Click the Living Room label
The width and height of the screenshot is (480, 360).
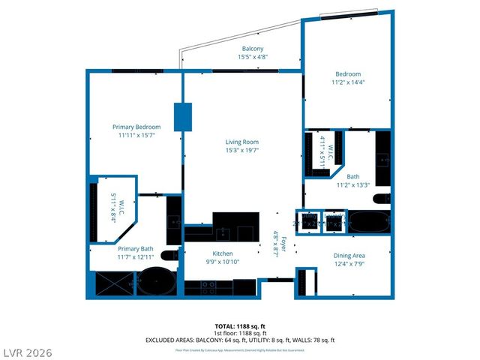(241, 142)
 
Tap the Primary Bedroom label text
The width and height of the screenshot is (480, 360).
(136, 127)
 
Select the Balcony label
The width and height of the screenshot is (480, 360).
(252, 49)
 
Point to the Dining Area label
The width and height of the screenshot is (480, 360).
(349, 256)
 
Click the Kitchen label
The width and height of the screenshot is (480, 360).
(223, 253)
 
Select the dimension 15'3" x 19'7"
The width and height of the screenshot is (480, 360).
(241, 150)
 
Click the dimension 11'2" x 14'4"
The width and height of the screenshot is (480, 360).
(347, 82)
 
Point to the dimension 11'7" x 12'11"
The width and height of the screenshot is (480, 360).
(136, 257)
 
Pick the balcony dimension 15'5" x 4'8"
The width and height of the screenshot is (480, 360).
(252, 57)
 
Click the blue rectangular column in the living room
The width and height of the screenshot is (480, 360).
(183, 116)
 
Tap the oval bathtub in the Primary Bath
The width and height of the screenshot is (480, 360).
(157, 281)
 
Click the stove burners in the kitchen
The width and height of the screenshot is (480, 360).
(208, 286)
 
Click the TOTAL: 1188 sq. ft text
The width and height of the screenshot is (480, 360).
(240, 326)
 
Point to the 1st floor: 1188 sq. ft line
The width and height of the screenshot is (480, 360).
(240, 333)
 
